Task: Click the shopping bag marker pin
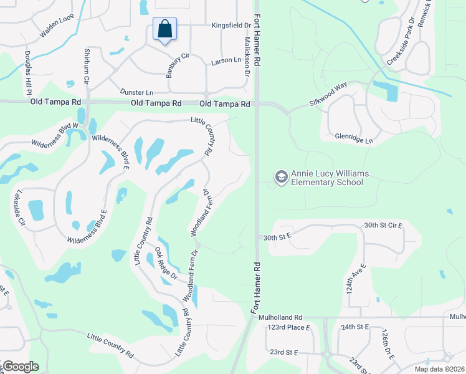coord(164,29)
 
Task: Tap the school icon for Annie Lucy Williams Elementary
coord(281,178)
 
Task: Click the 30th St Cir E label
coord(383,225)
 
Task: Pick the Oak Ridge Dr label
coord(166,264)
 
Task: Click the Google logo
coord(20,367)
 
